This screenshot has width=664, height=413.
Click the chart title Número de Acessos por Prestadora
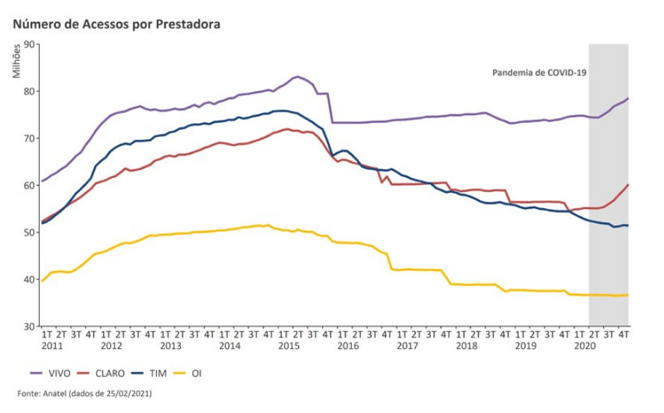click(117, 24)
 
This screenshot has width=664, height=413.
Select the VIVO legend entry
click(53, 372)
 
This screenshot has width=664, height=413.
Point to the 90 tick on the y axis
click(30, 44)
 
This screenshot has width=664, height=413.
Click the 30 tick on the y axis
click(30, 326)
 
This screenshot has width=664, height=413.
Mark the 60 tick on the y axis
click(30, 185)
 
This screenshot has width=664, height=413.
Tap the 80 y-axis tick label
click(30, 91)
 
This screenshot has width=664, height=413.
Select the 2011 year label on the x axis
click(51, 346)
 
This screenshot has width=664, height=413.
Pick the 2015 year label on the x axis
click(288, 346)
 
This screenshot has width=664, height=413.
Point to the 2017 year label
click(407, 346)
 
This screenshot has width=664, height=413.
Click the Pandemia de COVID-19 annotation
click(540, 72)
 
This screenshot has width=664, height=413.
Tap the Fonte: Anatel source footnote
click(85, 393)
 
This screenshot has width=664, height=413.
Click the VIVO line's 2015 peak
click(297, 76)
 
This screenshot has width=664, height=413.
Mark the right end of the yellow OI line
click(628, 295)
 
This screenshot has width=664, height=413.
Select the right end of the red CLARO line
click(628, 185)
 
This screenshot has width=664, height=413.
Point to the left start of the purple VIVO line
click(42, 181)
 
